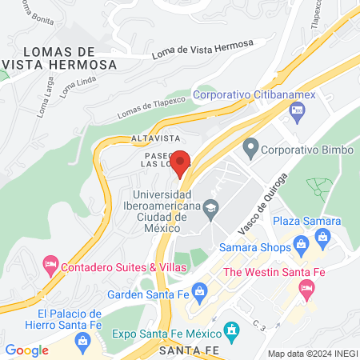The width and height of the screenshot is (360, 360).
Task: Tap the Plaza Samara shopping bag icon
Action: click(323, 236)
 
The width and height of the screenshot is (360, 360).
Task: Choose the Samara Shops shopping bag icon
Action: click(301, 244)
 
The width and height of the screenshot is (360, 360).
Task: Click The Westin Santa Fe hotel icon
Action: click(306, 293)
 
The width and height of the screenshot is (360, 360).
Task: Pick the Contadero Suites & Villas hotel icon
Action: click(50, 262)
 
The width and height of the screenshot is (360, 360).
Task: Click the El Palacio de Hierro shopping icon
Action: click(82, 340)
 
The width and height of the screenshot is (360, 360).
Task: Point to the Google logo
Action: click(26, 350)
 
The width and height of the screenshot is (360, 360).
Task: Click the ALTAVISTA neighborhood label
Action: click(153, 138)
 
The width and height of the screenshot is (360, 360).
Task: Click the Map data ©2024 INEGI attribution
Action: click(312, 353)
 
